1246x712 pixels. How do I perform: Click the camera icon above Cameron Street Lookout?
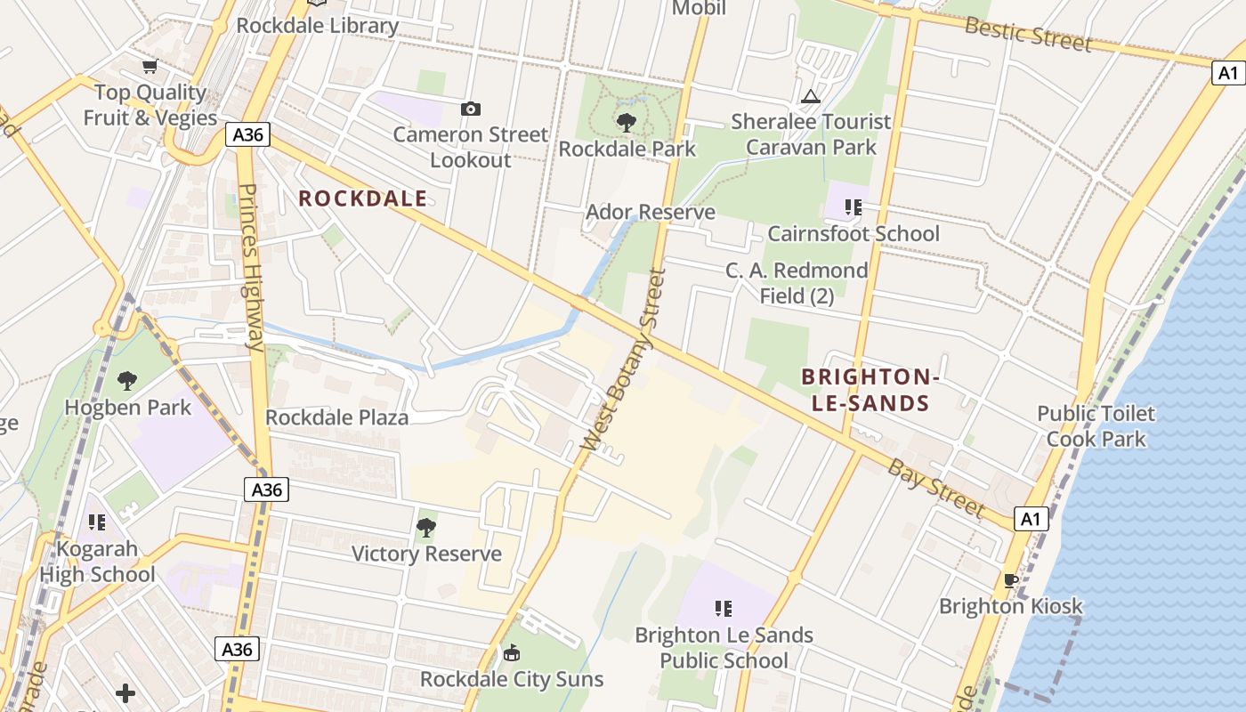pyautogui.click(x=471, y=109)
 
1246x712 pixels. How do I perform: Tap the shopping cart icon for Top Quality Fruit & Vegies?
pyautogui.click(x=150, y=66)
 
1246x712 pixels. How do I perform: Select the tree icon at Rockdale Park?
pyautogui.click(x=627, y=122)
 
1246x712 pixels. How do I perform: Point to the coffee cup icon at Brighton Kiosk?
pyautogui.click(x=1011, y=580)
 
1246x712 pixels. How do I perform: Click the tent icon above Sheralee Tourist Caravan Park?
pyautogui.click(x=810, y=96)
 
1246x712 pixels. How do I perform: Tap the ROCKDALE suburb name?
pyautogui.click(x=362, y=198)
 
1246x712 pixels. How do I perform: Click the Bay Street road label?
pyautogui.click(x=935, y=489)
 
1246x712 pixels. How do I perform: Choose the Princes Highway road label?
pyautogui.click(x=252, y=267)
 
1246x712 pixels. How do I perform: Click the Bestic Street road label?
pyautogui.click(x=1028, y=33)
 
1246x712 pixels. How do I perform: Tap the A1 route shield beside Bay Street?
pyautogui.click(x=1031, y=519)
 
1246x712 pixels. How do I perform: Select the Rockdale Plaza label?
pyautogui.click(x=337, y=417)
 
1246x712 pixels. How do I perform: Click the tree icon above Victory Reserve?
pyautogui.click(x=426, y=528)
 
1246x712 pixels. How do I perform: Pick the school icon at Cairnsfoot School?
pyautogui.click(x=854, y=207)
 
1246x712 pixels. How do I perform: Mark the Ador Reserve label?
pyautogui.click(x=651, y=212)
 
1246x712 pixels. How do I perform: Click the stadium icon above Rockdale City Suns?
pyautogui.click(x=512, y=653)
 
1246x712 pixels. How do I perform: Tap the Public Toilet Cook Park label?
pyautogui.click(x=1096, y=425)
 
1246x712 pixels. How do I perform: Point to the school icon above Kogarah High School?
pyautogui.click(x=97, y=522)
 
